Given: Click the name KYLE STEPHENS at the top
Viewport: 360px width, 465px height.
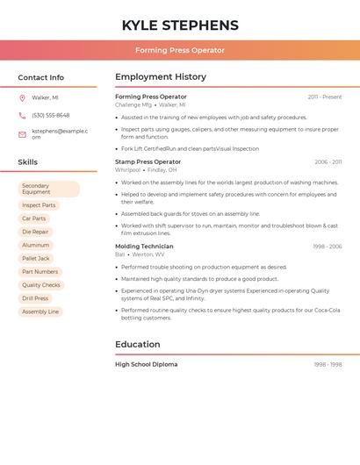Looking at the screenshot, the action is pos(180,25).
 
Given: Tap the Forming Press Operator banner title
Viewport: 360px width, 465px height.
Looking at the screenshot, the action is pos(180,50).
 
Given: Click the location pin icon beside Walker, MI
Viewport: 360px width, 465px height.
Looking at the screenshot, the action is pos(22,97).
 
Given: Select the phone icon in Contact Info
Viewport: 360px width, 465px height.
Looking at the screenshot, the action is pos(22,115).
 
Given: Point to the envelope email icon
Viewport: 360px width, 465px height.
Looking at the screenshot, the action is pos(22,134).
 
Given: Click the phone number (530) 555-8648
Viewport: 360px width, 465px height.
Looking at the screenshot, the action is pos(50,115).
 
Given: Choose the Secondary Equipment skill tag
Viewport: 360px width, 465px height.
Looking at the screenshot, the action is pos(48,189).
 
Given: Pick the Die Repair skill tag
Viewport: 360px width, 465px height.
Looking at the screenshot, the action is pos(35,232).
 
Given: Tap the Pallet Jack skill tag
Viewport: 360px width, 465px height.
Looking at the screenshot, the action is pos(36,259).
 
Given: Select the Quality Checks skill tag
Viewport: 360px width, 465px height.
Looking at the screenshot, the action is pos(41,285).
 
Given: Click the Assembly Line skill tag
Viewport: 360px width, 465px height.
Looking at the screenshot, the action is pos(40,311).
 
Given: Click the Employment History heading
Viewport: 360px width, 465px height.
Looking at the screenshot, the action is pos(161,77).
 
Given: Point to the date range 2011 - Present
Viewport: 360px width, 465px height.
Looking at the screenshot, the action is pos(325,97).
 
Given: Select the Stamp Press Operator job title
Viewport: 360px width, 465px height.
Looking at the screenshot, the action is pos(148,161).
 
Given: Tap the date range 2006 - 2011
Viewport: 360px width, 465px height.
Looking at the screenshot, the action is pos(328,161).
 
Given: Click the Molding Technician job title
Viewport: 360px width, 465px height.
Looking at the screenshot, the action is pos(144,247).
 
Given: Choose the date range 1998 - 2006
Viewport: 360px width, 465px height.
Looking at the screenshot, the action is pos(328,247).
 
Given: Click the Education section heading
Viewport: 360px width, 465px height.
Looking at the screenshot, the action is pos(137,345).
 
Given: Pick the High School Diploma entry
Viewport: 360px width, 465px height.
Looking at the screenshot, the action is pos(146,364).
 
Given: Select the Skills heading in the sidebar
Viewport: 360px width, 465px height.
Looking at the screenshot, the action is pos(27,162).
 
